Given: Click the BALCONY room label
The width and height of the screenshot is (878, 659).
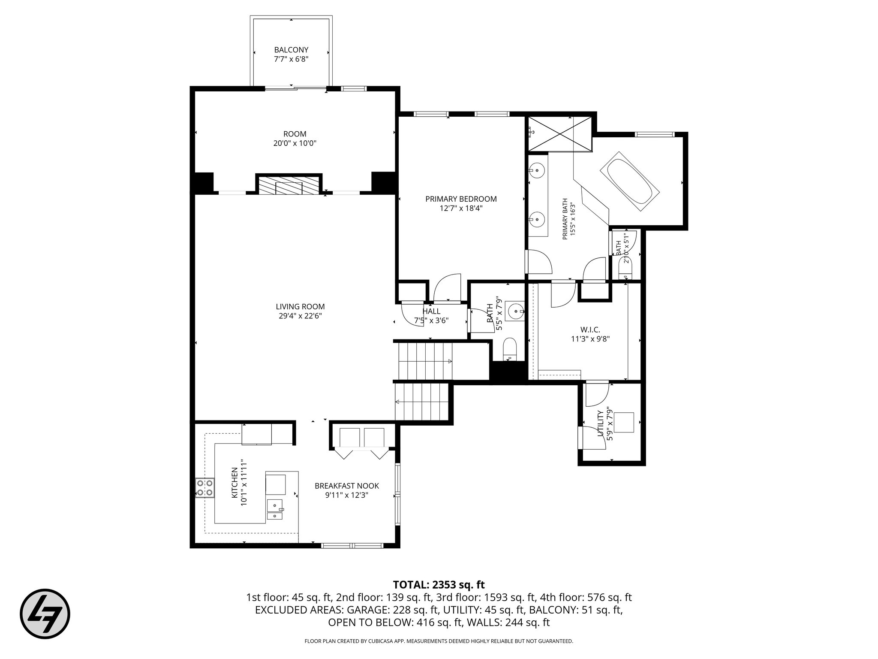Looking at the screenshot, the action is point(291,50).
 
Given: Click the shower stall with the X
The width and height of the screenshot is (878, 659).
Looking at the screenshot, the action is point(559,134).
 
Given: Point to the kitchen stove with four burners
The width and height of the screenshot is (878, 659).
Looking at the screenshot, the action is point(204,488).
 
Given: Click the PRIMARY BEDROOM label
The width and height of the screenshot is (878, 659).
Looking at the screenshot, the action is point(461,199).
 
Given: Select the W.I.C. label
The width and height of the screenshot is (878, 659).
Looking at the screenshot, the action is point(590,329).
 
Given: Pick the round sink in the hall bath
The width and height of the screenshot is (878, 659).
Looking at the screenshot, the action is point(514,311).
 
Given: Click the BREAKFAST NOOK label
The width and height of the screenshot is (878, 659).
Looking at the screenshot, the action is point(347,486).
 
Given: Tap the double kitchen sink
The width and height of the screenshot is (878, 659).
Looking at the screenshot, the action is point(274,509).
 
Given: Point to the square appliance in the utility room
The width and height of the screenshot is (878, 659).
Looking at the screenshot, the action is point(624,422).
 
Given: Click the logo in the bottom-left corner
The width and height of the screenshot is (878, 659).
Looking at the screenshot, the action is point(45,614).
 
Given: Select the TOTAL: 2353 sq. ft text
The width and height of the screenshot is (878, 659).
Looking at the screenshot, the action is point(439,584).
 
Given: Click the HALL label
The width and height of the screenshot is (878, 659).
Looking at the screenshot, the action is point(431,311).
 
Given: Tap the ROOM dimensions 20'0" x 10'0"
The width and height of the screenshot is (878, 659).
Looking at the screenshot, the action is point(295,143).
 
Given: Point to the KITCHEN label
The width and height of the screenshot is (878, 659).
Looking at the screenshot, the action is point(235,483).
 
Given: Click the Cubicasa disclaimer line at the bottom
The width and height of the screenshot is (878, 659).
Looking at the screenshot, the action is point(439,641).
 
